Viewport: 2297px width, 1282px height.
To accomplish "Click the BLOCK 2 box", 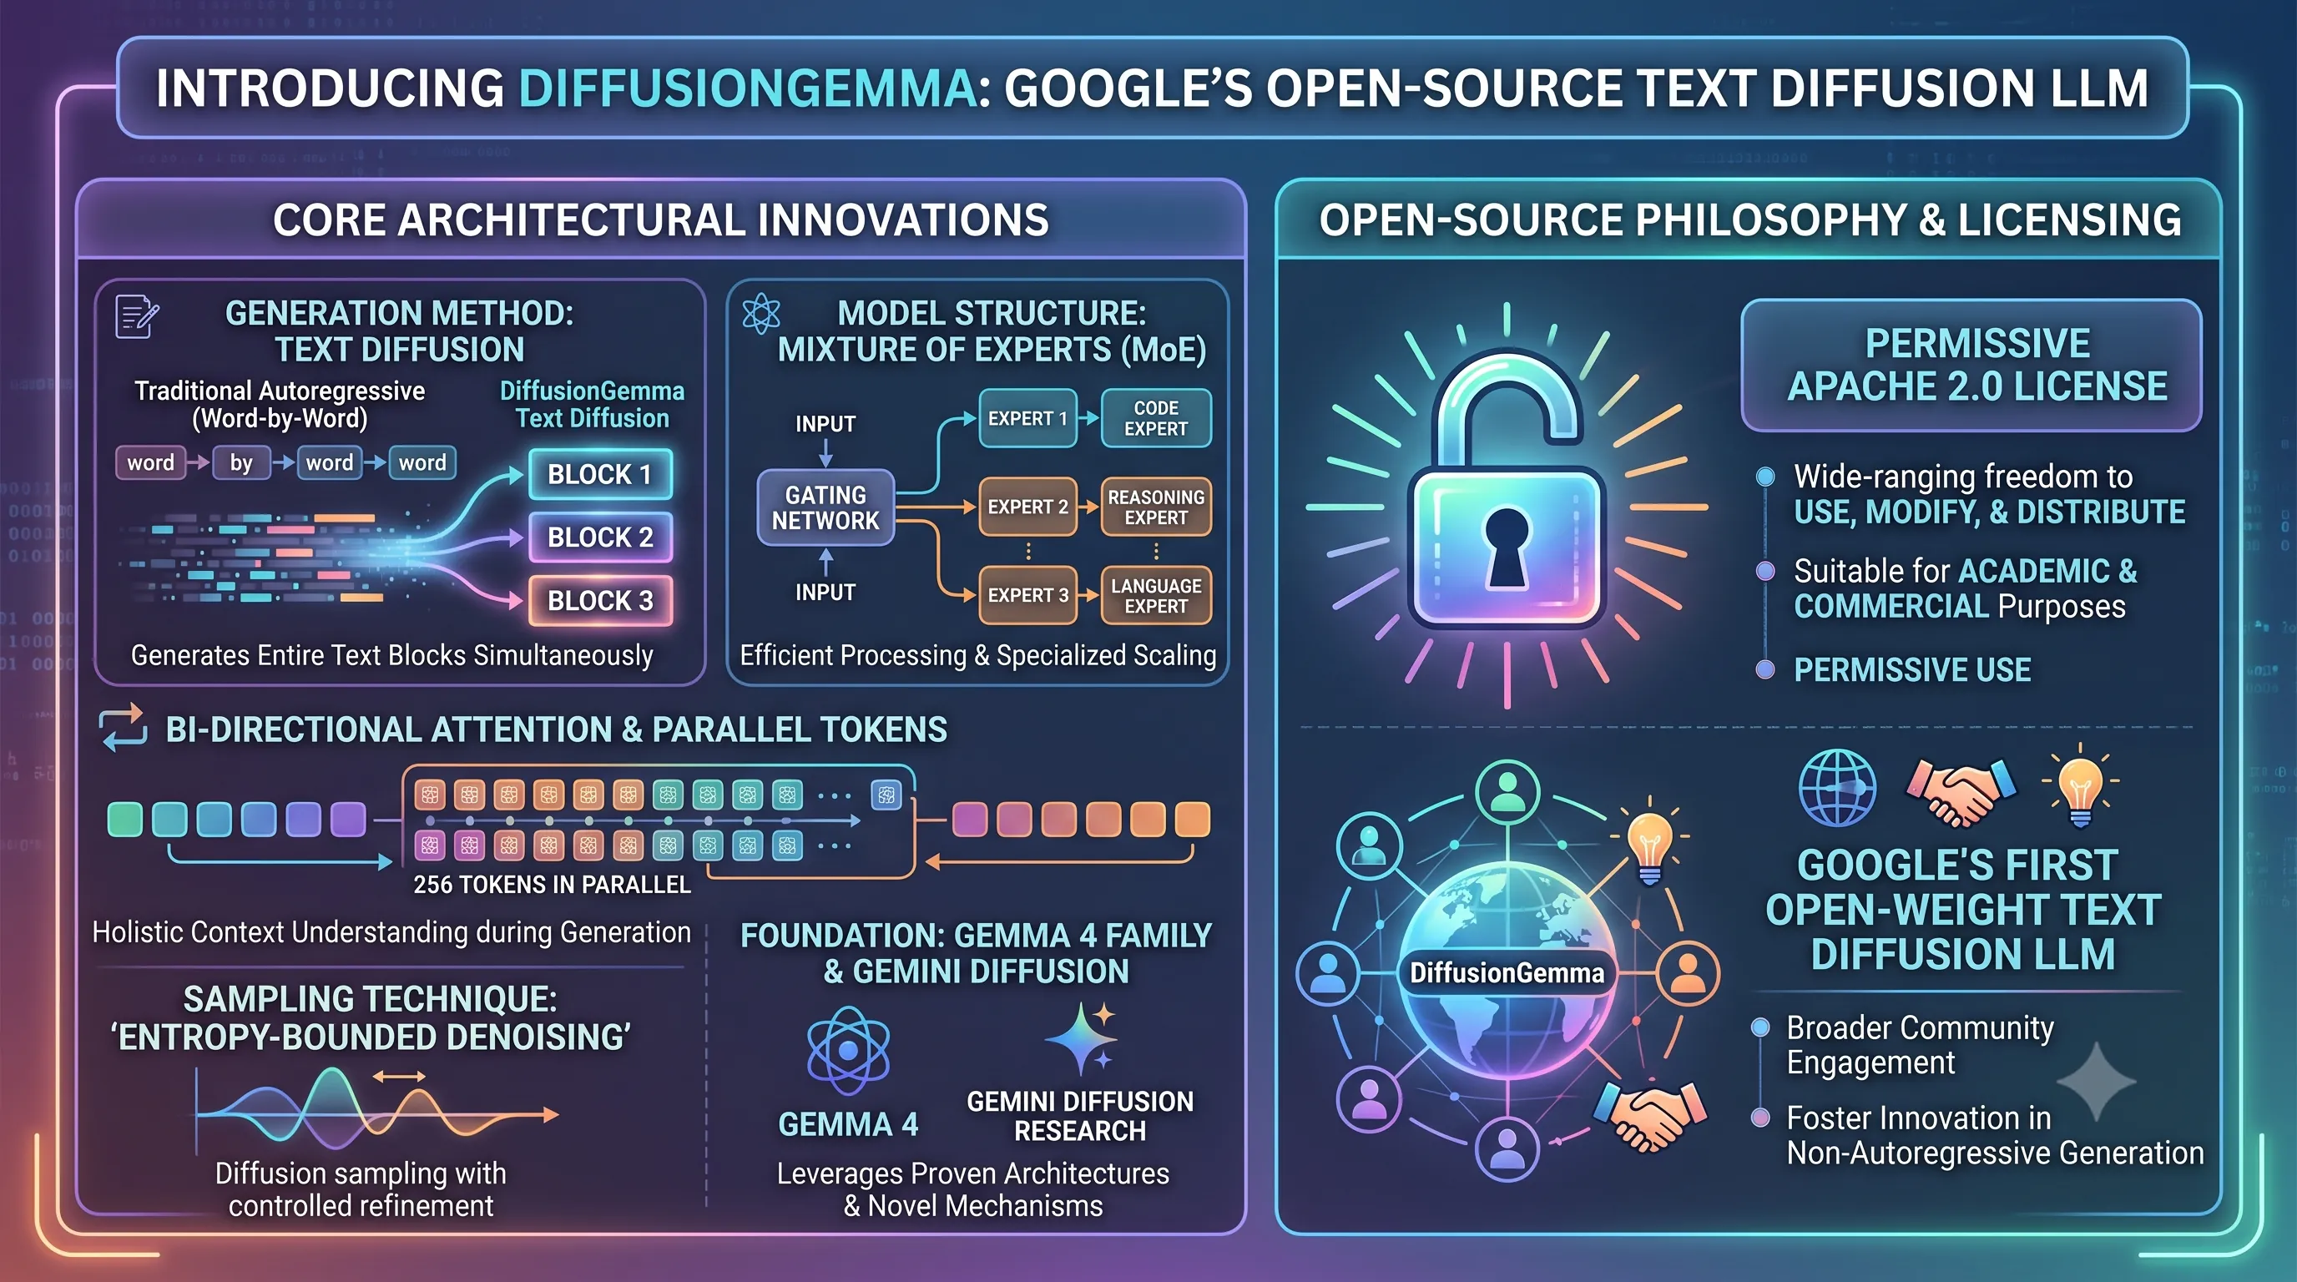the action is (600, 537).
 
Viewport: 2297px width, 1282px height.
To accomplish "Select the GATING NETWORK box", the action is (825, 507).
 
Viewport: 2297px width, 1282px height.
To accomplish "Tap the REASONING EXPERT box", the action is (1156, 507).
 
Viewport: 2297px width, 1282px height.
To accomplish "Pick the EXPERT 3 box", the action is (1027, 594).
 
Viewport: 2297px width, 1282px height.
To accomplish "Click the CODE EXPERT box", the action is (1156, 418).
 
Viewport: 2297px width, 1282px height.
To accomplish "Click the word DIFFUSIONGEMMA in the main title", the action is (747, 88).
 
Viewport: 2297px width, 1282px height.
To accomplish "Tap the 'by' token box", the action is (240, 462).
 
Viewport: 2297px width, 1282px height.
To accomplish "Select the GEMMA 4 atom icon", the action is (847, 1051).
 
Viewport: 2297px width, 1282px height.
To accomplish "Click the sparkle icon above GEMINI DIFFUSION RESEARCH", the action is (1082, 1039).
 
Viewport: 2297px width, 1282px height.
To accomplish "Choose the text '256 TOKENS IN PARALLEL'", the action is (552, 885).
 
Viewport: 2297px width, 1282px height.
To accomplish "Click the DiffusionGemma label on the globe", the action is (1506, 972).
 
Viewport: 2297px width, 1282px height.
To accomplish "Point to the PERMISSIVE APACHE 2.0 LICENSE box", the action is (1971, 366).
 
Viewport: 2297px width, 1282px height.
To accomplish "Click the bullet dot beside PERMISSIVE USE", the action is (1764, 669).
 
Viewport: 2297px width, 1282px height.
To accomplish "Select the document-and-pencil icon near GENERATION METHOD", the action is (136, 316).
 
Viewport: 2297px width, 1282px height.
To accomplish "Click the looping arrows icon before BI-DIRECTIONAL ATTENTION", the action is (124, 728).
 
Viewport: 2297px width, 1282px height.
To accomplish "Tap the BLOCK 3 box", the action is (600, 601).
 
